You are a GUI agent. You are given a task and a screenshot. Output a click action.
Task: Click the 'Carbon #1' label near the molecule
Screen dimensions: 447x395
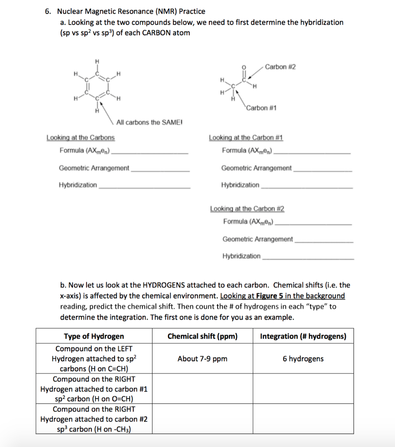click(261, 108)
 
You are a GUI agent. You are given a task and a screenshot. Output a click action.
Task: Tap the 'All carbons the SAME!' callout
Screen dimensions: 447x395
click(149, 122)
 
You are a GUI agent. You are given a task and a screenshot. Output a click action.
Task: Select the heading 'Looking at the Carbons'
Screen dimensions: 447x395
click(80, 138)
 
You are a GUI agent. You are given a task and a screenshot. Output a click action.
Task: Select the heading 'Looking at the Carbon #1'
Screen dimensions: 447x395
click(246, 138)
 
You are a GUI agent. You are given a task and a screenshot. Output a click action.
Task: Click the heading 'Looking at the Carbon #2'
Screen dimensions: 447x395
click(247, 209)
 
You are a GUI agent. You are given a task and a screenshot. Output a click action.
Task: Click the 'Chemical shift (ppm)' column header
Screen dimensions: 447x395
click(202, 336)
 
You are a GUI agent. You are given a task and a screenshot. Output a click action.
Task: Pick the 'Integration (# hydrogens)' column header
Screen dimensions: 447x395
click(303, 336)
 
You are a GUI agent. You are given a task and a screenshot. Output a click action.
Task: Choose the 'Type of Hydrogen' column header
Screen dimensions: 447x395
click(94, 336)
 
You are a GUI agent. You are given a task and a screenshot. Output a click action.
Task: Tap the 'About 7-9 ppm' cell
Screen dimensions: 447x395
click(202, 359)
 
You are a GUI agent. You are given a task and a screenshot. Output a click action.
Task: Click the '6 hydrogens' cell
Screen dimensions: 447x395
click(303, 359)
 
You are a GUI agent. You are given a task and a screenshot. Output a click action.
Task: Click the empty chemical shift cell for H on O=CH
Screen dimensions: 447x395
click(202, 389)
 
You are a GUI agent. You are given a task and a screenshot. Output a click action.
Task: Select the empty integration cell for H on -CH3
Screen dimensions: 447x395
click(303, 419)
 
